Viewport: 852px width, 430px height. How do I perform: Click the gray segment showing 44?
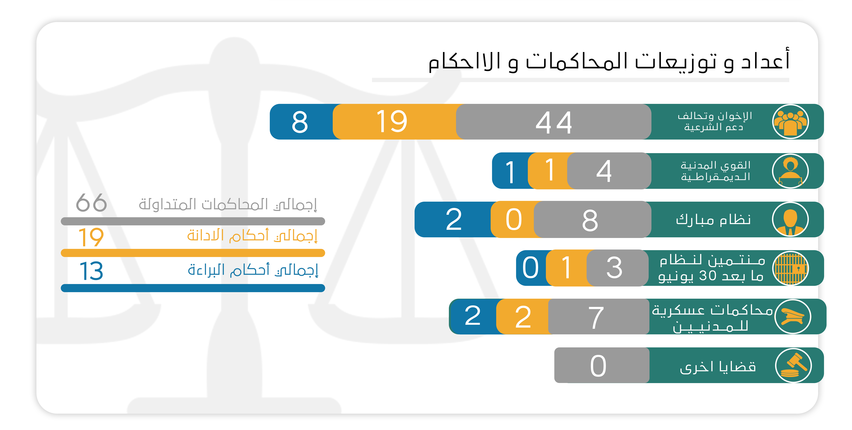click(553, 122)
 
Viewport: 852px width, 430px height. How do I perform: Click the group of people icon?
click(790, 122)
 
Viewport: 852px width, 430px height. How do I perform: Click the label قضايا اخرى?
click(718, 367)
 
